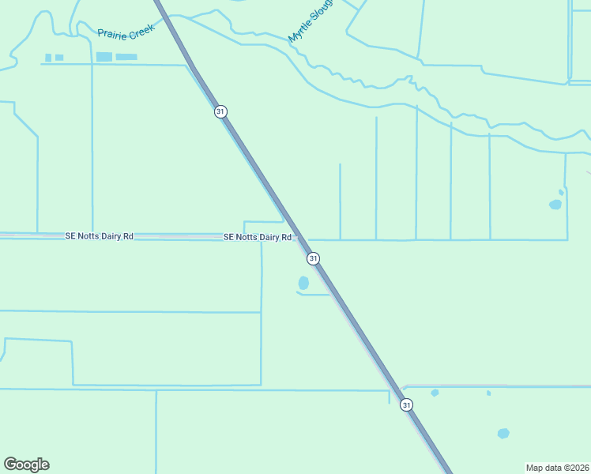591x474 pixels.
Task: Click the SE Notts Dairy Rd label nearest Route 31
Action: coord(258,237)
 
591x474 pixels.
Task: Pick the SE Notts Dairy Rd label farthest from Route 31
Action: coord(99,236)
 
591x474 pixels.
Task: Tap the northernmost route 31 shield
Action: coord(220,111)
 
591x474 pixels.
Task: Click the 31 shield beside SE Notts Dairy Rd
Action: coord(314,258)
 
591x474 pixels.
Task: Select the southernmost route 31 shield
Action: coord(406,404)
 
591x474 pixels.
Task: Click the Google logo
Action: coord(26,465)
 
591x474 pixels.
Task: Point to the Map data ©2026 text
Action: coord(557,468)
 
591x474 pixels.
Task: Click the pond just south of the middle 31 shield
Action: coord(303,282)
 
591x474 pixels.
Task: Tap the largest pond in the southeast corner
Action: coord(503,433)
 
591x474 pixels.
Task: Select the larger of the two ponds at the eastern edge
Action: coord(555,205)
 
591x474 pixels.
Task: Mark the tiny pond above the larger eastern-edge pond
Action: coord(561,192)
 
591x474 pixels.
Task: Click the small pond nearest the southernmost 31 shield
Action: coord(435,393)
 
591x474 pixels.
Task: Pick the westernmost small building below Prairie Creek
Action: coord(48,58)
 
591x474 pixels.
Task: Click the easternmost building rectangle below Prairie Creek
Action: coord(126,57)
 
